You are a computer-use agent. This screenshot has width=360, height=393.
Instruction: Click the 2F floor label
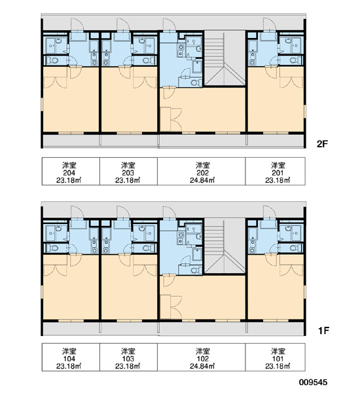point(322,144)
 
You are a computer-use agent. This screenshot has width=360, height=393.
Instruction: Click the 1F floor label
point(323,331)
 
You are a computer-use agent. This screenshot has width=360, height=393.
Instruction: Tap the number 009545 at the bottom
point(313,383)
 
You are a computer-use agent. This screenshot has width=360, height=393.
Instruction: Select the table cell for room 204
point(71,172)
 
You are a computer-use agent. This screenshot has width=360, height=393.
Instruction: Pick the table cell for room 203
point(128,172)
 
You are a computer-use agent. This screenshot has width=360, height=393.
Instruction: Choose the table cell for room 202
point(202,172)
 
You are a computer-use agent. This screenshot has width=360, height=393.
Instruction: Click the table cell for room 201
point(276,172)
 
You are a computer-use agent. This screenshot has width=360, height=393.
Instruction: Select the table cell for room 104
point(71,357)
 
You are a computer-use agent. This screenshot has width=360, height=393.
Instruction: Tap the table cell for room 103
point(128,357)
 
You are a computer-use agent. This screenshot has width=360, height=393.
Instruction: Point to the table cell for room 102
point(202,357)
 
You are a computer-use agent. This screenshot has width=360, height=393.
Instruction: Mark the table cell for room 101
point(276,357)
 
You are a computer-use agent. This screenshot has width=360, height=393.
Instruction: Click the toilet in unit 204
point(53,60)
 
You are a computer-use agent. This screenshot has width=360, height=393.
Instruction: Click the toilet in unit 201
point(296,60)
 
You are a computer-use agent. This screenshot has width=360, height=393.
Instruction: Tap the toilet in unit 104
point(53,248)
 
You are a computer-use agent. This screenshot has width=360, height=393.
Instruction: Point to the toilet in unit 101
point(296,248)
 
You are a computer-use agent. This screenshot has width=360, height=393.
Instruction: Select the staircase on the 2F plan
point(225,58)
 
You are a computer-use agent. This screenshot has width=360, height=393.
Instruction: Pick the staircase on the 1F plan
point(225,246)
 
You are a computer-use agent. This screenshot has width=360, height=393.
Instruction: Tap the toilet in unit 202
point(196,83)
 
